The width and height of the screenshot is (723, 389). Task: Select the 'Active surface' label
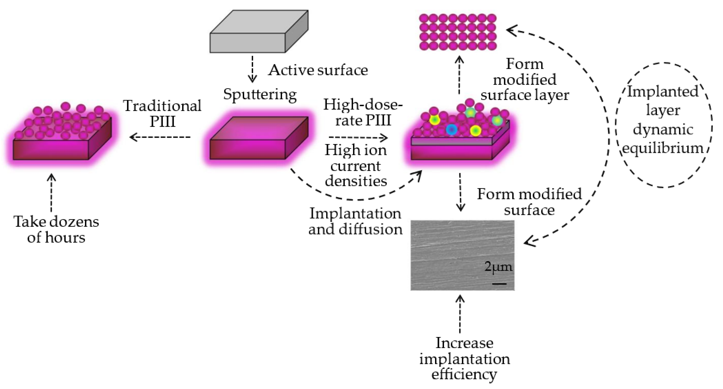[318, 70]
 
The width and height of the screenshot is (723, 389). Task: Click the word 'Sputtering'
[260, 95]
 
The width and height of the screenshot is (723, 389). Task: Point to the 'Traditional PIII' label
[163, 114]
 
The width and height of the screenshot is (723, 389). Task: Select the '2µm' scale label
[498, 267]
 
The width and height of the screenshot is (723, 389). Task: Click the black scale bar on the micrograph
[499, 284]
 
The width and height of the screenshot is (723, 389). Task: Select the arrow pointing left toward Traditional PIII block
[160, 137]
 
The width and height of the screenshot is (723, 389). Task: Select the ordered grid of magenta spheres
[458, 32]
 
